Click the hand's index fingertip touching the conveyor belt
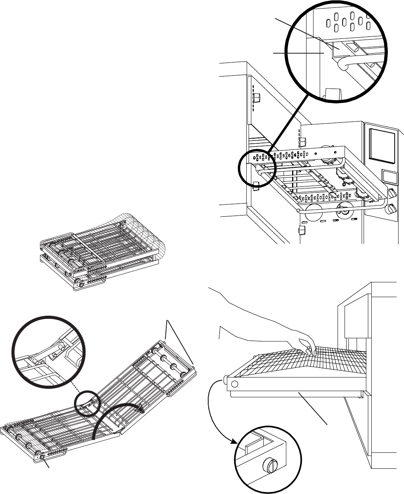[x=309, y=352]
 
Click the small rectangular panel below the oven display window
[x=390, y=177]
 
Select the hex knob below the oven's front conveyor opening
[x=301, y=231]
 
